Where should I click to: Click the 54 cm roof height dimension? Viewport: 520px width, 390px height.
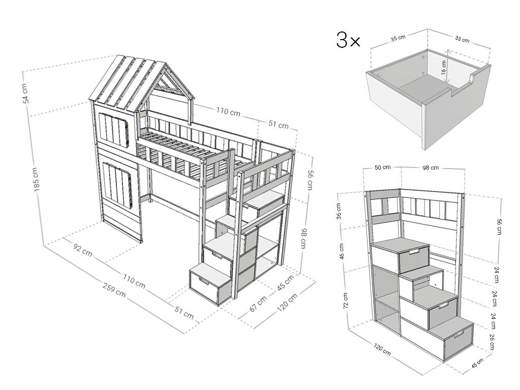[26, 93]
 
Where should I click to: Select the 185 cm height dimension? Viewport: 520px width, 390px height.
[37, 179]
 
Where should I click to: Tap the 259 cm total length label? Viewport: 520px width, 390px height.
[114, 290]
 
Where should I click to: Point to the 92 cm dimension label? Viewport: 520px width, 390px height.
[82, 249]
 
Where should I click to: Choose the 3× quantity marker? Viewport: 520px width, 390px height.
[348, 40]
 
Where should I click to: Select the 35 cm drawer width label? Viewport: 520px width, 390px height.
[398, 38]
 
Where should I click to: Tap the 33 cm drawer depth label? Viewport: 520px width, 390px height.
[462, 39]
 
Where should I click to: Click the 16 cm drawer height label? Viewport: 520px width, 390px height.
[444, 68]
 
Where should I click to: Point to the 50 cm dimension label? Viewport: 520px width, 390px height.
[383, 168]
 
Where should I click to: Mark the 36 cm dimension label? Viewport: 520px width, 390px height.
[339, 211]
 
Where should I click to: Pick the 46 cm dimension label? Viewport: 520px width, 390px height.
[342, 251]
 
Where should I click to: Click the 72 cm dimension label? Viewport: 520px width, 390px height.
[345, 301]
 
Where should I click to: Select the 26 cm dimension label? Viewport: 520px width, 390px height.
[492, 342]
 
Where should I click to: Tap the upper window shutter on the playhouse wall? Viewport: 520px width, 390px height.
[114, 129]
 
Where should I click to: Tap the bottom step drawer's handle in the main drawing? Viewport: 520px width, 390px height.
[203, 281]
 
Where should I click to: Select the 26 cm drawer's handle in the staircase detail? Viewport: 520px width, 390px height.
[459, 334]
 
